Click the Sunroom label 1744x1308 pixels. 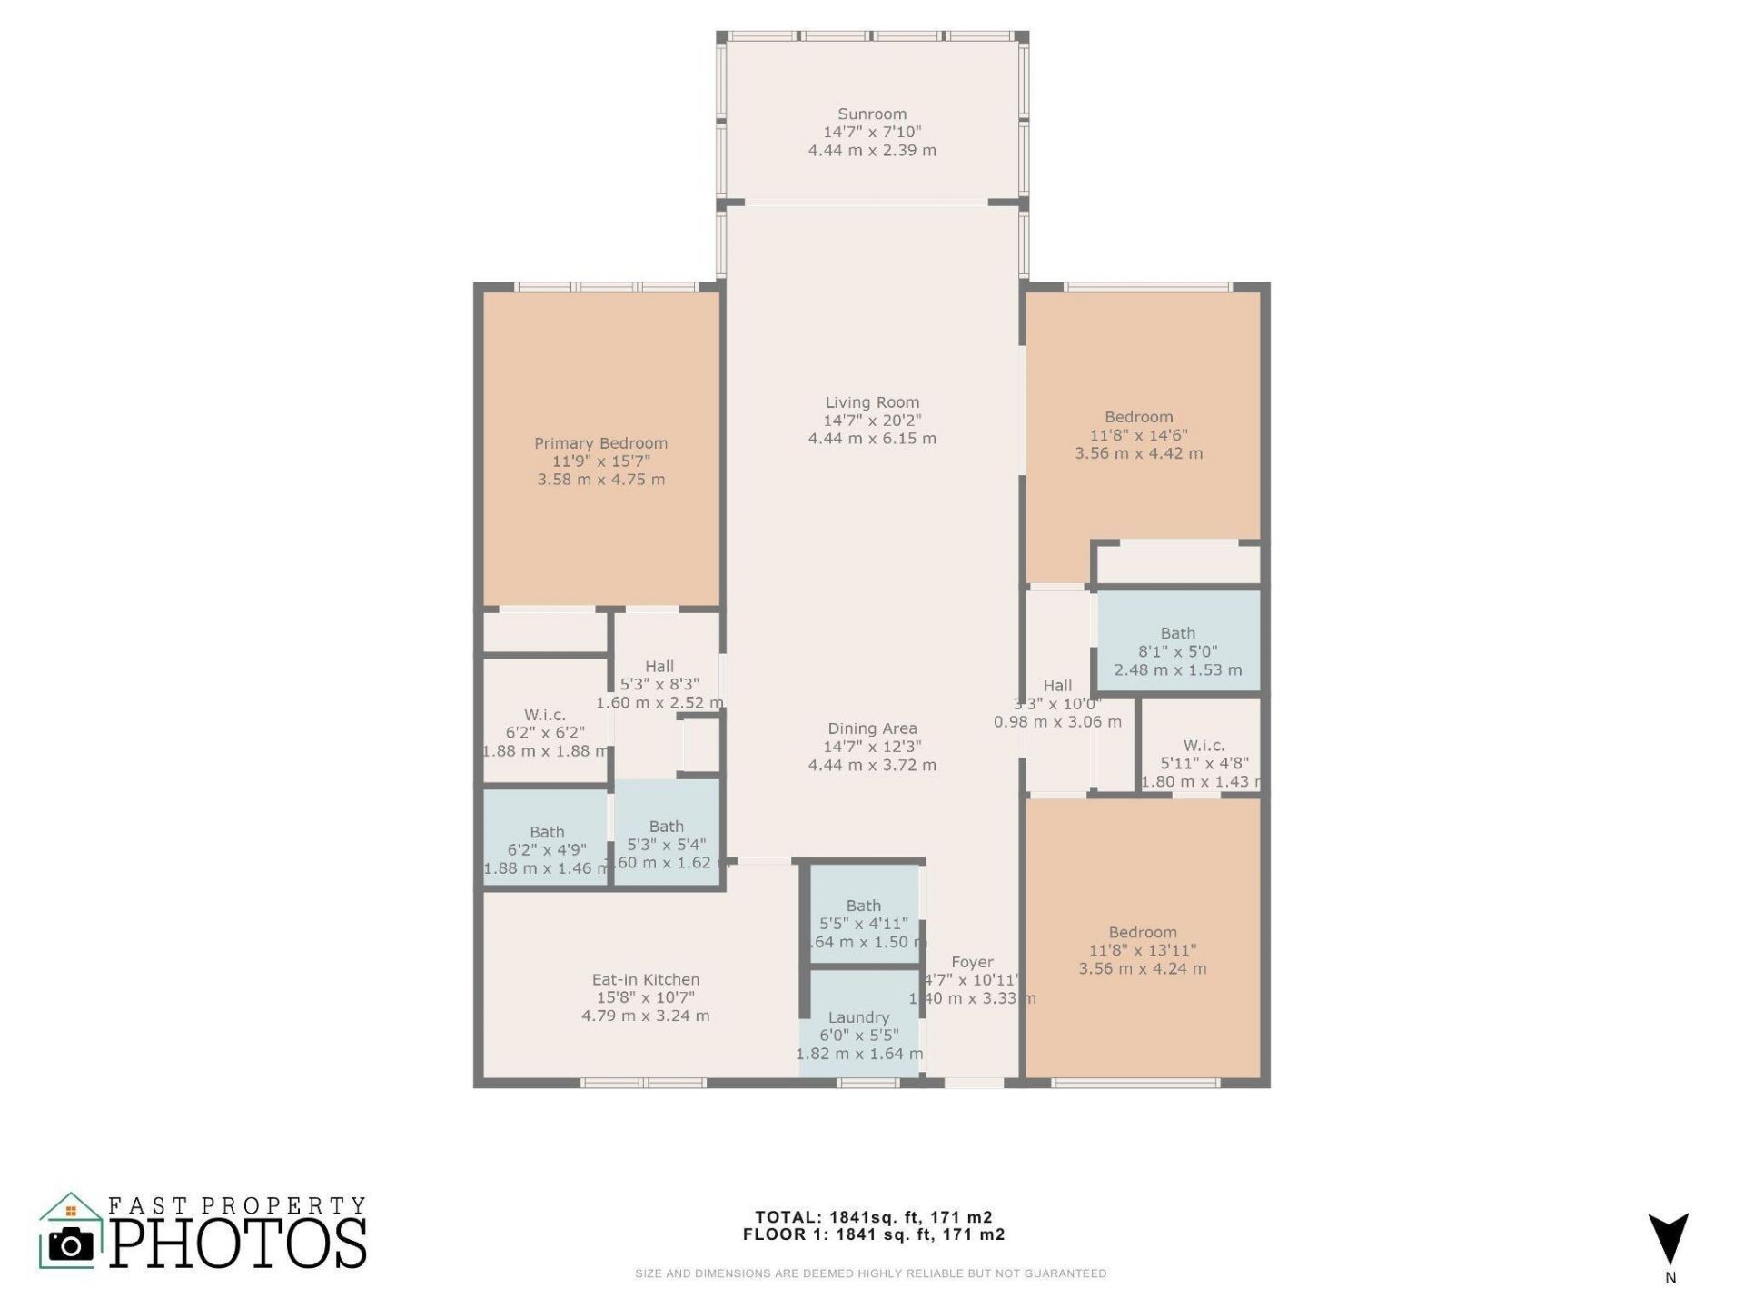pyautogui.click(x=872, y=114)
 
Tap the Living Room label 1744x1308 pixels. pyautogui.click(x=872, y=402)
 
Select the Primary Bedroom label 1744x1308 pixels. pyautogui.click(x=600, y=443)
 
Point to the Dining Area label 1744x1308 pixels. pyautogui.click(x=872, y=728)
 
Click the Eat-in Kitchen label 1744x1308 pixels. pyautogui.click(x=646, y=980)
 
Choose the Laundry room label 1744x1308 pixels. pyautogui.click(x=858, y=1018)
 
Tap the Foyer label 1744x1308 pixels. pyautogui.click(x=972, y=962)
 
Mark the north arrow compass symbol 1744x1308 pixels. pyautogui.click(x=1669, y=1240)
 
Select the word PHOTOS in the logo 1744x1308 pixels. pyautogui.click(x=238, y=1244)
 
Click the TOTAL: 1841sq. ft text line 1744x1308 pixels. pyautogui.click(x=873, y=1217)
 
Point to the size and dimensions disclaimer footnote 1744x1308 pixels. pyautogui.click(x=870, y=1273)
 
